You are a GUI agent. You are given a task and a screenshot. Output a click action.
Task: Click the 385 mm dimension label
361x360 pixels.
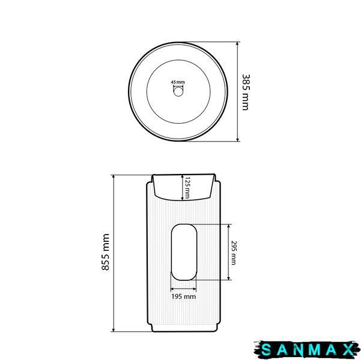(246, 92)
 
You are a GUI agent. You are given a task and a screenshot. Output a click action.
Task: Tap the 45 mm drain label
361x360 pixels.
(178, 82)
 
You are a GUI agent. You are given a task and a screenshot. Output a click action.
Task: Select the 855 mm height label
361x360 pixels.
(105, 252)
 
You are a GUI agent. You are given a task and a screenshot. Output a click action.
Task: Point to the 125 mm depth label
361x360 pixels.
(187, 187)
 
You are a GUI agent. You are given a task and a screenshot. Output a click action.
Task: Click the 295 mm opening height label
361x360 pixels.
(234, 253)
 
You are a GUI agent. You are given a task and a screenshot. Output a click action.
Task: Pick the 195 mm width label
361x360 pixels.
(183, 296)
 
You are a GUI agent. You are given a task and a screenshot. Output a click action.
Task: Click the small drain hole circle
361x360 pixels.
(178, 92)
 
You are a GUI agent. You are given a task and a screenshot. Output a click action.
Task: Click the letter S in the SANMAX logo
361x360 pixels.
(266, 350)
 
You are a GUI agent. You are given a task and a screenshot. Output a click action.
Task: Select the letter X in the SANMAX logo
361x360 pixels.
(349, 350)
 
